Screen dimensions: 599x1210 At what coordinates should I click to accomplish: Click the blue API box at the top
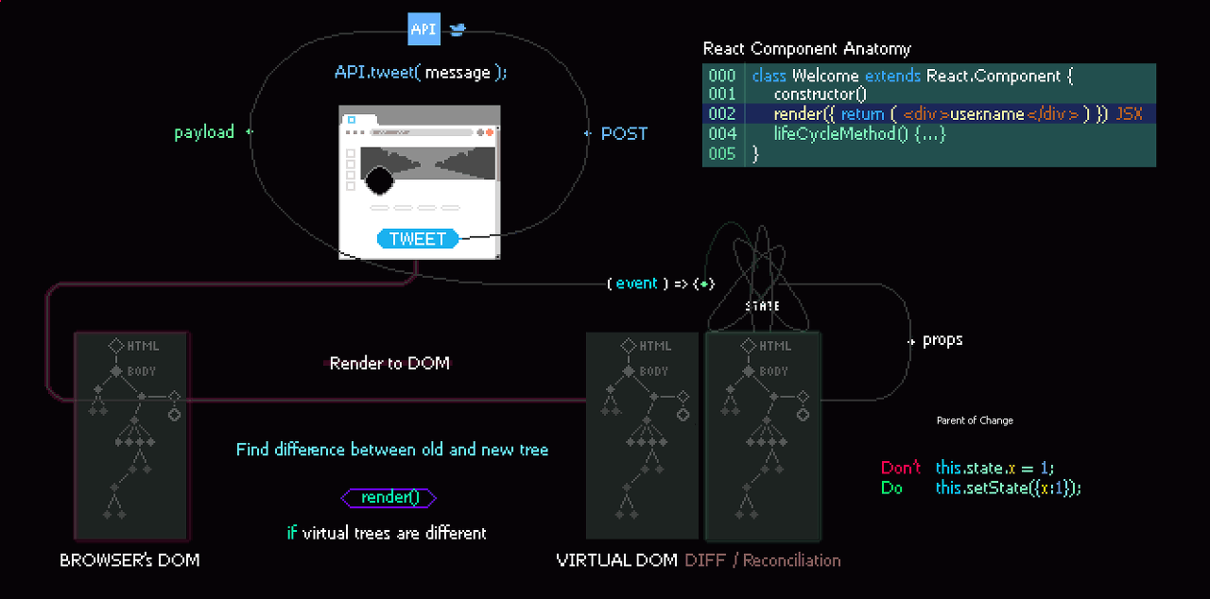click(x=423, y=29)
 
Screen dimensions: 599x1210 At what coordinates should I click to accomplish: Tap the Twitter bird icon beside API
click(x=458, y=29)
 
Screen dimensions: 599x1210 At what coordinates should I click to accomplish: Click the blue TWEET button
click(x=418, y=239)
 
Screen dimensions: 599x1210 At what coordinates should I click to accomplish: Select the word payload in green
click(x=204, y=132)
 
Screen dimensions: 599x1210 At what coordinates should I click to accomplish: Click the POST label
click(x=624, y=133)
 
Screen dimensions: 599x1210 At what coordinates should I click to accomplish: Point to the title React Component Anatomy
click(x=806, y=49)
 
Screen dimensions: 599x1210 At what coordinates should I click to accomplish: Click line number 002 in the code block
click(x=721, y=114)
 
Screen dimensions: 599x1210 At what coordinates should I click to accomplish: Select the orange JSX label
click(x=1129, y=114)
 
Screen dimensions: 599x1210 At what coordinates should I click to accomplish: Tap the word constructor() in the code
click(x=820, y=94)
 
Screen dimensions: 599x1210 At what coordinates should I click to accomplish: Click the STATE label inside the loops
click(x=762, y=306)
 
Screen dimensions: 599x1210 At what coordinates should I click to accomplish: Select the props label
click(x=942, y=340)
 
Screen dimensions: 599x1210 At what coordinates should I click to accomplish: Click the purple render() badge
click(x=389, y=497)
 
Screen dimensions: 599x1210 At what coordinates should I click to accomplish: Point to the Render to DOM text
click(x=389, y=363)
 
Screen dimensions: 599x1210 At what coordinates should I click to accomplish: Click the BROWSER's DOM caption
click(x=130, y=559)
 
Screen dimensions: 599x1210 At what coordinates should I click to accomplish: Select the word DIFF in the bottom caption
click(x=705, y=560)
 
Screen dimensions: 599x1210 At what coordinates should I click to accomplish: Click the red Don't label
click(x=900, y=468)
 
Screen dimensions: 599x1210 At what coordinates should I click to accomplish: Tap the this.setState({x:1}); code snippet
click(x=1008, y=488)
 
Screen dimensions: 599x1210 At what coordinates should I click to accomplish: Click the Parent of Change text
click(x=974, y=420)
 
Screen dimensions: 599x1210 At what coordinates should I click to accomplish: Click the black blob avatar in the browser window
click(x=379, y=179)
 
